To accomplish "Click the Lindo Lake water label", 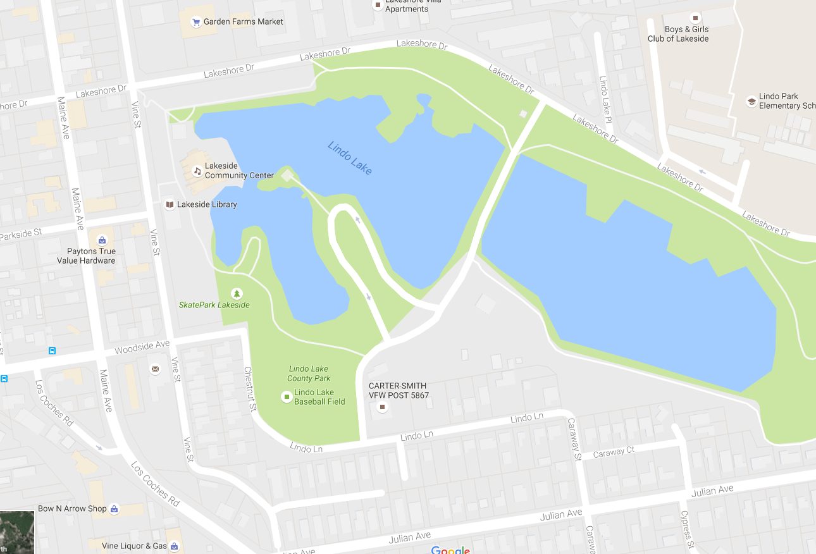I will [x=350, y=158].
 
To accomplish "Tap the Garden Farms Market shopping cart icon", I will [x=196, y=22].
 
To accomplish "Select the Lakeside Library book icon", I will [x=170, y=204].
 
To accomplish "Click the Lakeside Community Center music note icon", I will [x=197, y=171].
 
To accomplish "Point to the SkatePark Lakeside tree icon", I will [x=237, y=293].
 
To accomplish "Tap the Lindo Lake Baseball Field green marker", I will [x=287, y=397].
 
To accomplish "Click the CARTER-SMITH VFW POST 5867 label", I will [x=399, y=390].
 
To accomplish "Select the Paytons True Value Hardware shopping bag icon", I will [x=102, y=240].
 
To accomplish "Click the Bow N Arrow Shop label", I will [x=72, y=508].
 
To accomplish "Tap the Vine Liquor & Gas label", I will [x=135, y=546].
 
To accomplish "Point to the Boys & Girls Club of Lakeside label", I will [x=677, y=34].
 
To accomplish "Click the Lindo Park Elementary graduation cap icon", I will [x=751, y=101].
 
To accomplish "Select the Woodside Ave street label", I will [x=142, y=347].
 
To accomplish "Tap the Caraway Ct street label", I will [x=613, y=452].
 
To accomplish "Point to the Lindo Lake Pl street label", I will [x=605, y=99].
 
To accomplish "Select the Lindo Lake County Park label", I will [x=309, y=373].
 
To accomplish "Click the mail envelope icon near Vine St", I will [x=155, y=369].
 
